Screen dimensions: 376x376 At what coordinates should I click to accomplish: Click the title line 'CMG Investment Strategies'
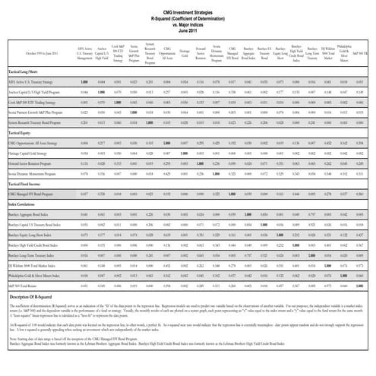click(x=188, y=4)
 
